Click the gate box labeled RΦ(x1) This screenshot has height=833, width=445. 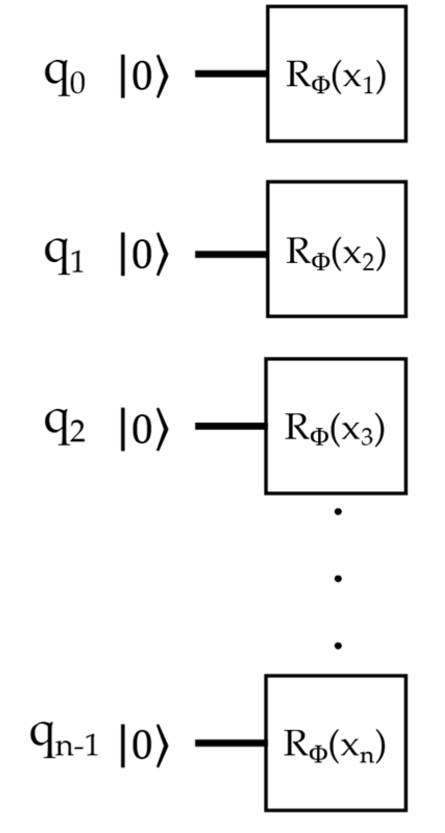tap(337, 73)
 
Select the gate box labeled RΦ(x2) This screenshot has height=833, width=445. tap(337, 249)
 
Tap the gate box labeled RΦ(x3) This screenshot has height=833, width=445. tap(336, 426)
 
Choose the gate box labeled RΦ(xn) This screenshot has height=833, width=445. tap(336, 743)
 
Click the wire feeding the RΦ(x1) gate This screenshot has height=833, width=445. tap(231, 73)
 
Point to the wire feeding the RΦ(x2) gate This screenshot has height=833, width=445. tap(231, 254)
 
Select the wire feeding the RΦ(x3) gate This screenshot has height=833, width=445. tap(231, 426)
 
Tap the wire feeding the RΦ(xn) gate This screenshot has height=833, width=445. tap(231, 742)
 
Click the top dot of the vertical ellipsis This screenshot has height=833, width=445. tap(338, 512)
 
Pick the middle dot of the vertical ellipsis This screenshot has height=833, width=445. tap(338, 578)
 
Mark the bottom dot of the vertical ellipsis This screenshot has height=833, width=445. tap(338, 645)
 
